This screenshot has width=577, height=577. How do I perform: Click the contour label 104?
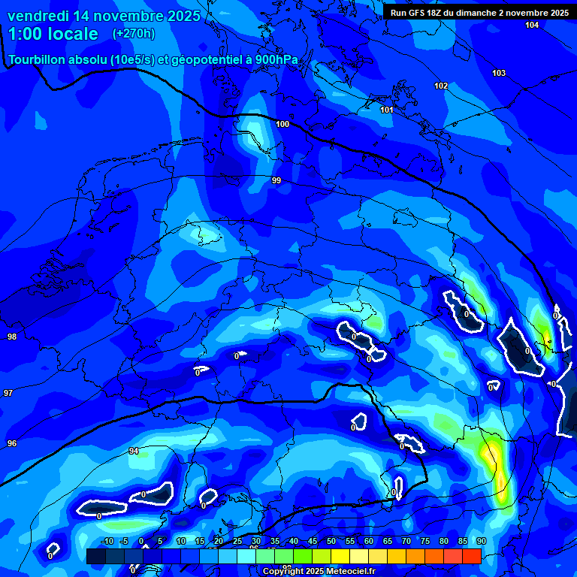point(532,25)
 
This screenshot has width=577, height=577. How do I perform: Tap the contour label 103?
point(499,73)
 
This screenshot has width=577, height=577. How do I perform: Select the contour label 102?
point(441,86)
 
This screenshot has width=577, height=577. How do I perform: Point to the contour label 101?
point(387,110)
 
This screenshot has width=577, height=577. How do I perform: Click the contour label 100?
point(282,124)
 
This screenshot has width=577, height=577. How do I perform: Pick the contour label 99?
point(276,180)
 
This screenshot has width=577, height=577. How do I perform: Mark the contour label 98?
point(11,337)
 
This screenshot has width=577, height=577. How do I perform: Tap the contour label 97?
point(8,393)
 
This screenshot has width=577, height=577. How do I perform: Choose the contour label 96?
point(11,443)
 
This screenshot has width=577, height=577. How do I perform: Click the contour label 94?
point(134,451)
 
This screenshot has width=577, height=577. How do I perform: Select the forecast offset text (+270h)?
point(133,34)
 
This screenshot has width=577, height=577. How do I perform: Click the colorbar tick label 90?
point(480,541)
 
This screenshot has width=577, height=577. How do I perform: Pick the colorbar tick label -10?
point(107,541)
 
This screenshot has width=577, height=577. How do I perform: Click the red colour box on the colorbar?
point(471,556)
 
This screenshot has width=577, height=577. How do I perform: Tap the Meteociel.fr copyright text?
point(319,572)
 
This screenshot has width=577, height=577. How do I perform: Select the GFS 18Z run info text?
point(479,13)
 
